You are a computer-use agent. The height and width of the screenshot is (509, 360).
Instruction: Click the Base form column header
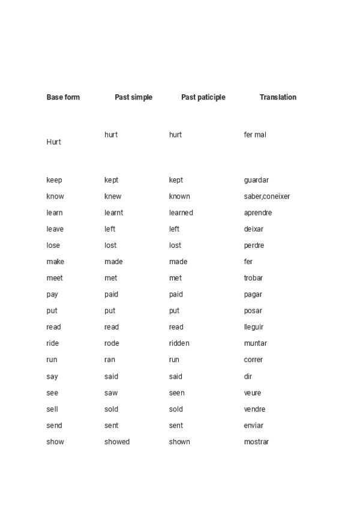(63, 97)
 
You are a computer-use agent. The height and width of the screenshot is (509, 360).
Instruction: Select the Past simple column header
(133, 97)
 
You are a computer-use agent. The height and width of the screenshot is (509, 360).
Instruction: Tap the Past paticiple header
(203, 97)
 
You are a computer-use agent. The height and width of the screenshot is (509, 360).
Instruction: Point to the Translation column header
(278, 97)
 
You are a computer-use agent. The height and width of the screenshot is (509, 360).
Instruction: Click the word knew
(113, 196)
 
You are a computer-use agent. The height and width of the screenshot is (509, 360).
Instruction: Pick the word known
(179, 196)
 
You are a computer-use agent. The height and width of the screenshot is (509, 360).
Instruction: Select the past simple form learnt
(114, 212)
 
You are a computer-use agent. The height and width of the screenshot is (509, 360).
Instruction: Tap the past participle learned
(181, 212)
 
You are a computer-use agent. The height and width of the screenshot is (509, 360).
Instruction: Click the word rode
(112, 343)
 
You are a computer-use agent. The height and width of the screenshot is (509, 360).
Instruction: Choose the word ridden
(179, 343)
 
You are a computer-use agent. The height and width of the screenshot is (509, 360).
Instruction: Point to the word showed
(117, 442)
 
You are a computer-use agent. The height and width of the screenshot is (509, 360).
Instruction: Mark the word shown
(179, 442)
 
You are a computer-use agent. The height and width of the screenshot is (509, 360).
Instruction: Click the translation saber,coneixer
(267, 196)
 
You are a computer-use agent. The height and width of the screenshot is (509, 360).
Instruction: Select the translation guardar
(256, 180)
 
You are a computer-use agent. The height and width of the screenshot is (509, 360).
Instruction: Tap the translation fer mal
(255, 134)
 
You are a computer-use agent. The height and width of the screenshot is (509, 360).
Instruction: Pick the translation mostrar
(256, 442)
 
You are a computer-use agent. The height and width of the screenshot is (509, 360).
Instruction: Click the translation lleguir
(254, 327)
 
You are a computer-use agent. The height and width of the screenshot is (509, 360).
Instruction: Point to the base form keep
(54, 180)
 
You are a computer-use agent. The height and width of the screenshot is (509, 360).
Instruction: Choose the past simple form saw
(111, 393)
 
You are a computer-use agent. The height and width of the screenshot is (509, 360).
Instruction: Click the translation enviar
(254, 426)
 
